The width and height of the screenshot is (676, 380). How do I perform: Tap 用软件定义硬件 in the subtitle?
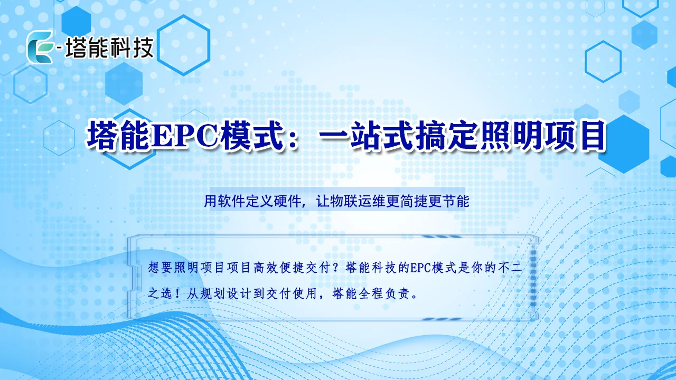tap(252, 201)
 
